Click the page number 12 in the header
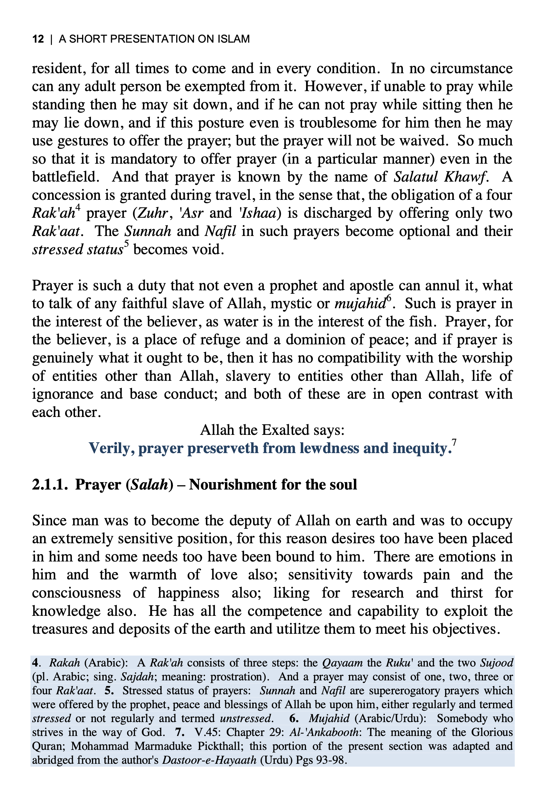pos(38,39)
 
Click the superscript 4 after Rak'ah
pos(78,208)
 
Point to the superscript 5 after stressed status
pos(126,244)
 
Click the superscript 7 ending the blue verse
pos(454,443)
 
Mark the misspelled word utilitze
pos(299,629)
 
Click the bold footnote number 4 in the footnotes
pos(35,663)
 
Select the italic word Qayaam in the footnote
pos(342,663)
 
